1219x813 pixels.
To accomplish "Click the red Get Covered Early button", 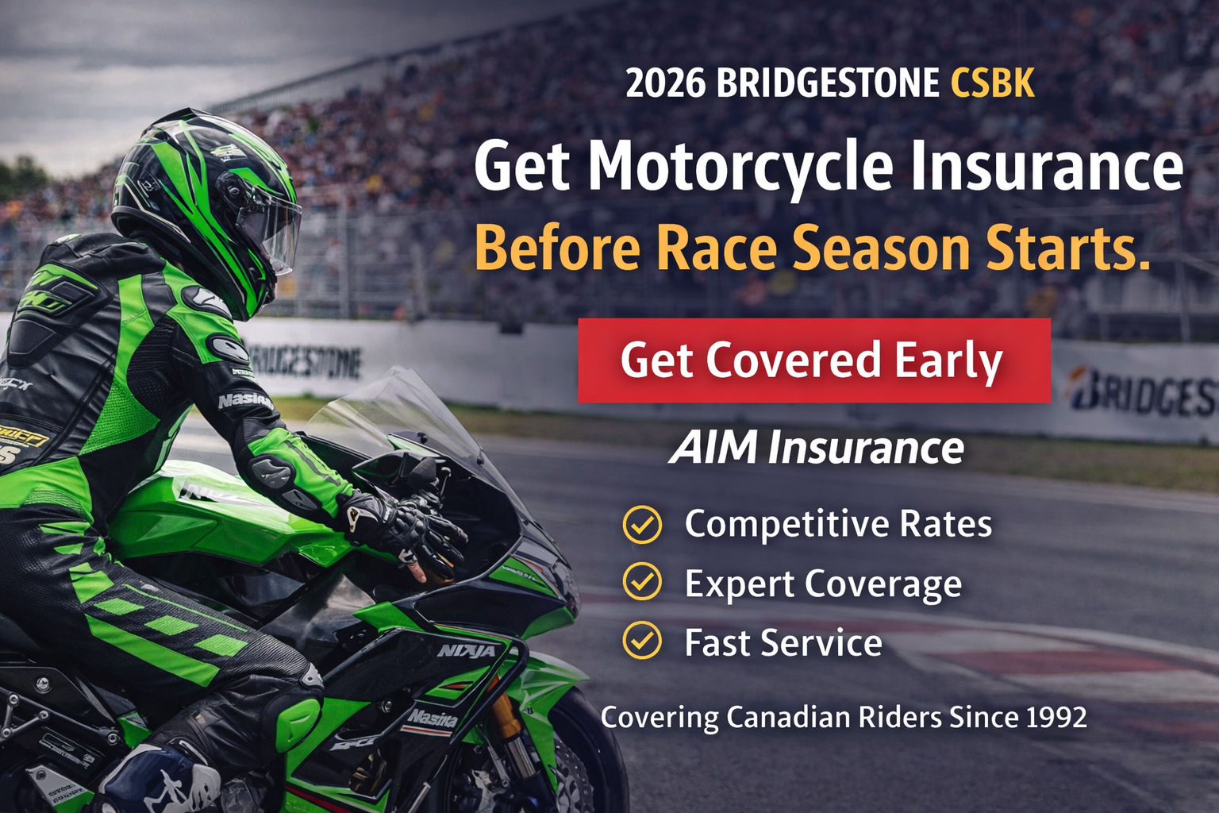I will tap(813, 360).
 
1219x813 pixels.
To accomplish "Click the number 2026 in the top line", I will tap(665, 83).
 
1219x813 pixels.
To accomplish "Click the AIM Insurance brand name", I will tap(817, 448).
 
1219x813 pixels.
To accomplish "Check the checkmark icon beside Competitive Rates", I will tap(642, 524).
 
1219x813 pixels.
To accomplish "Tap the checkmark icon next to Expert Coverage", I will tap(642, 582).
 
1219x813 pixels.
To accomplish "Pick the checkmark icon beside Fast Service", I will tap(642, 641).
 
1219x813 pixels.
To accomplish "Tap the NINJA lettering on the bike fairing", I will tap(467, 651).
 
